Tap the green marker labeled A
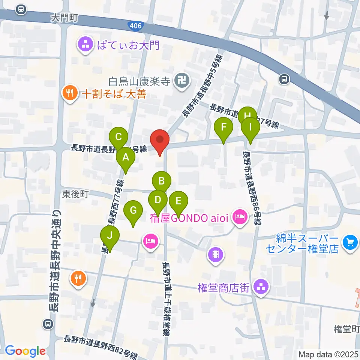[x=126, y=158]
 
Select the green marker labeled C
[x=118, y=137]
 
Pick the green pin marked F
[x=223, y=127]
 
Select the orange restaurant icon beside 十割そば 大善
[x=70, y=92]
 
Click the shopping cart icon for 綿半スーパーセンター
[x=351, y=242]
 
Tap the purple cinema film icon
[x=216, y=255]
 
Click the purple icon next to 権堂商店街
[x=261, y=288]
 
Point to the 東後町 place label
[x=75, y=194]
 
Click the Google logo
[x=25, y=351]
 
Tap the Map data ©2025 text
[x=328, y=354]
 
